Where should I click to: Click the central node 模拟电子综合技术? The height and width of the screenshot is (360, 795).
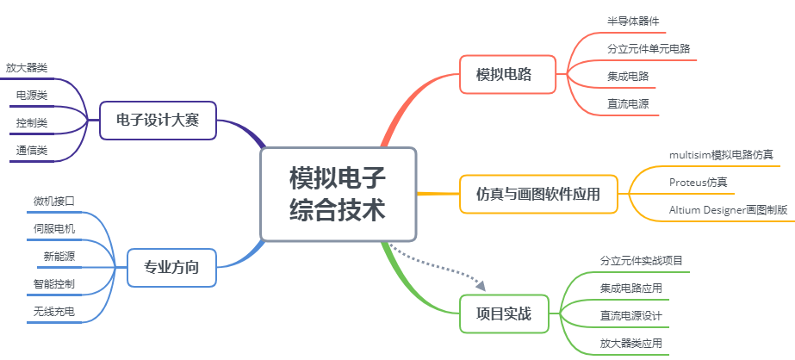point(338,195)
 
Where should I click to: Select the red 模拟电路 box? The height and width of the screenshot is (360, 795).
point(504,75)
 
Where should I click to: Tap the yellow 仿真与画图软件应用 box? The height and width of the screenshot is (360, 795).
point(537,195)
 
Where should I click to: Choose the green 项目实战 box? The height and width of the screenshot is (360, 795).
point(504,313)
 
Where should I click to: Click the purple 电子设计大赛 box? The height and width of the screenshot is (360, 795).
point(158,120)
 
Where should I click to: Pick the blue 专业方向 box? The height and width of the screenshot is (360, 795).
point(171,267)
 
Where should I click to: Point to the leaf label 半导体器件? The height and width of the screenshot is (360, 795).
point(633,21)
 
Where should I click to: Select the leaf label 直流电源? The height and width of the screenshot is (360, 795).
point(628,103)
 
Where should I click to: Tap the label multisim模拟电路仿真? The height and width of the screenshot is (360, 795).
point(721,155)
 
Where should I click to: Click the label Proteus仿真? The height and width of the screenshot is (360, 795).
point(698,183)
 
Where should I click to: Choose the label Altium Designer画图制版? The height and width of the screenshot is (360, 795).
point(728,210)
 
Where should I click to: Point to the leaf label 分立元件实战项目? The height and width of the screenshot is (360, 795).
point(642,260)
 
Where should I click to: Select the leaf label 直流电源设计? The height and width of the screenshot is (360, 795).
point(631,315)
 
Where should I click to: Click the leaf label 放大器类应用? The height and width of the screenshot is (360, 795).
point(631,343)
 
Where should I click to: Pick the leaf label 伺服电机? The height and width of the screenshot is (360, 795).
point(54,228)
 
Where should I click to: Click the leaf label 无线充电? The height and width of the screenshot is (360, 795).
point(54,311)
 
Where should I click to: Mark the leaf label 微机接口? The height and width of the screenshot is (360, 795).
point(54,201)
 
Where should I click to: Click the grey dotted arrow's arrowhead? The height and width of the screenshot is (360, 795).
point(481,284)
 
